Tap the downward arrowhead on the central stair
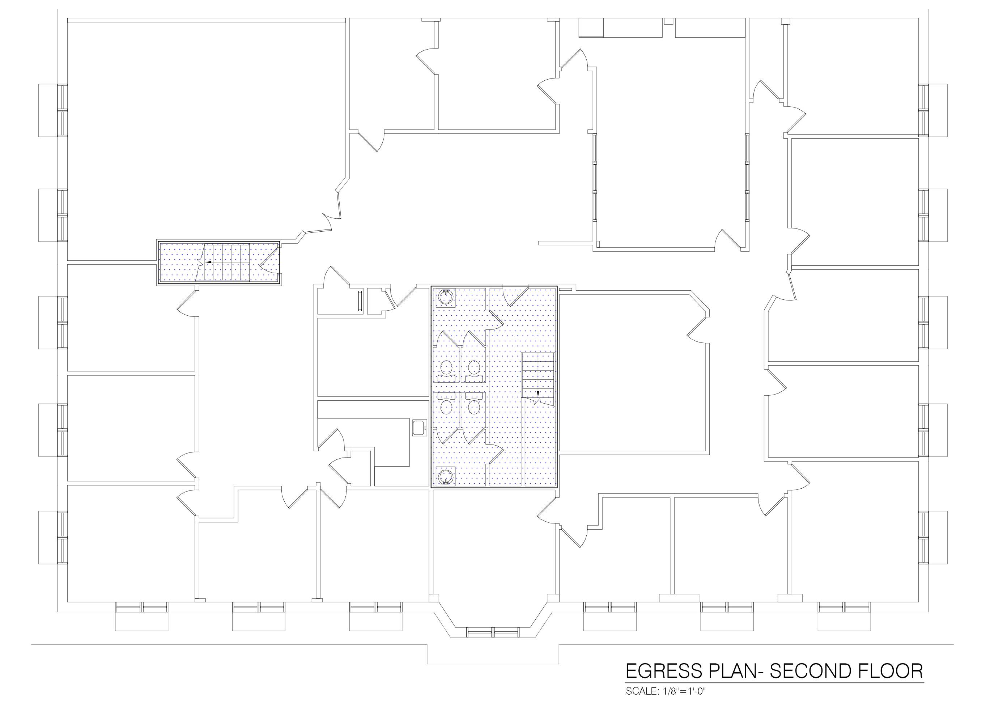(x=537, y=393)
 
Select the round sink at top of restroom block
(x=446, y=297)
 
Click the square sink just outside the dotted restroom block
(x=419, y=427)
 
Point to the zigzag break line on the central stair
(x=539, y=400)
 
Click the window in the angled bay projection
(x=493, y=632)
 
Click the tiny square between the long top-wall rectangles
(x=668, y=21)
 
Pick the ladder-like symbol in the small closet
(x=360, y=301)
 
